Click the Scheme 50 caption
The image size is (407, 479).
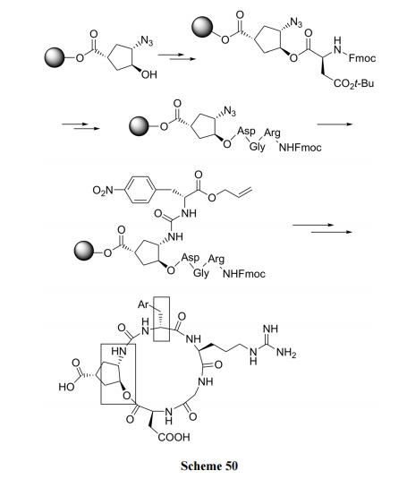tap(209, 466)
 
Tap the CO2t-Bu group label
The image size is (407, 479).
tap(353, 83)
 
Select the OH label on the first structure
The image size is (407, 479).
tap(149, 74)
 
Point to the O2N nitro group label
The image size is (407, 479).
tap(103, 191)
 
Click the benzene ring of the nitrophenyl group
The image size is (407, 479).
tap(140, 190)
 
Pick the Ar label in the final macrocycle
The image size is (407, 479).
tap(143, 304)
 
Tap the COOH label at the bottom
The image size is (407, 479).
tap(174, 437)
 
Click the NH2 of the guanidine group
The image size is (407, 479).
tap(286, 353)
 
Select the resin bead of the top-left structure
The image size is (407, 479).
tap(55, 57)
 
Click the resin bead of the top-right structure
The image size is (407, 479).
tap(202, 27)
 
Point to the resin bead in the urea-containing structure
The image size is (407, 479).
tap(84, 251)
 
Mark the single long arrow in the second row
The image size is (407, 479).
tap(335, 124)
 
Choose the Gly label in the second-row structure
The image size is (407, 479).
tap(258, 147)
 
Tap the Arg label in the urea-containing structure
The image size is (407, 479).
tap(216, 260)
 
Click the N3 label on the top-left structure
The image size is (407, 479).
tap(147, 41)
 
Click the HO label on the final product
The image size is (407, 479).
tap(66, 387)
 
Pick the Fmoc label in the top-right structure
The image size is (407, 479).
tap(362, 58)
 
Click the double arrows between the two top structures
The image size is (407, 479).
tap(176, 56)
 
